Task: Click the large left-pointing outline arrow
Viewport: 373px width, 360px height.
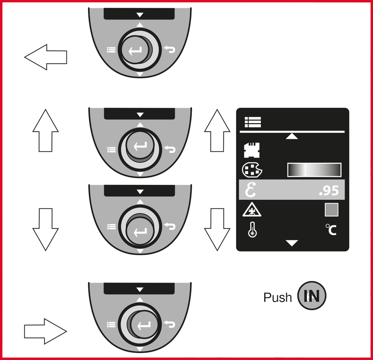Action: (45, 57)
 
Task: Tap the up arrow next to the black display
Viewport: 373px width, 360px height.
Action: (217, 130)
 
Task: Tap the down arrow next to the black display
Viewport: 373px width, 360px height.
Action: (217, 230)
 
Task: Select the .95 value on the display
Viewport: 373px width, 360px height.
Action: (329, 191)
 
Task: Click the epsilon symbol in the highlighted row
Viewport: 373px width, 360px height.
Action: (251, 190)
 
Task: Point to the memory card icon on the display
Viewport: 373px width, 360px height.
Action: (252, 150)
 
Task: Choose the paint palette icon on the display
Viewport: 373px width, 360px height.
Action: (252, 170)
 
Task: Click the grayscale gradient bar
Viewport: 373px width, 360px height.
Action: (314, 170)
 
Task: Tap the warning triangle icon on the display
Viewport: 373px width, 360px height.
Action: (252, 210)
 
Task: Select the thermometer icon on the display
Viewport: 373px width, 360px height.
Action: (252, 230)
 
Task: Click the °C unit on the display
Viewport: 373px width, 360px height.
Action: (331, 230)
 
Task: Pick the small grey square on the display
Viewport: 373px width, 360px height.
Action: (331, 210)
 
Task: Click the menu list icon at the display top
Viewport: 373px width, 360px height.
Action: (253, 122)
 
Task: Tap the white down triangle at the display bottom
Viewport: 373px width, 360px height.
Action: (292, 243)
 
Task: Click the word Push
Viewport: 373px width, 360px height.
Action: (278, 297)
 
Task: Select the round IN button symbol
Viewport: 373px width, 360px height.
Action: (312, 296)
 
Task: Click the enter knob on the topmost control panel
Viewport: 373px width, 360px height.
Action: (135, 50)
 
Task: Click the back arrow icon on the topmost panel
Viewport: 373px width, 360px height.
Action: (170, 50)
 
